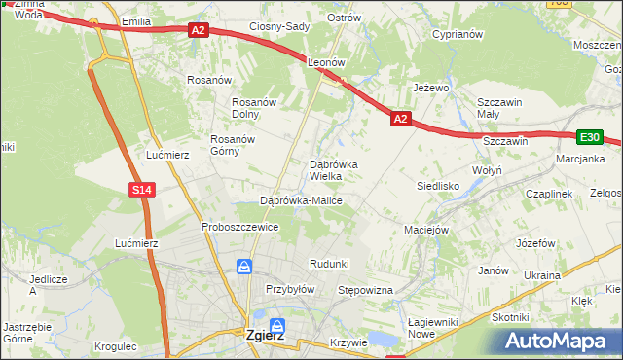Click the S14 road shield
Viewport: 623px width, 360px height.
pyautogui.click(x=142, y=189)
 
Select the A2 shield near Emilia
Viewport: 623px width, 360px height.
pyautogui.click(x=199, y=30)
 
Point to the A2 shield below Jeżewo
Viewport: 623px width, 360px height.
pyautogui.click(x=401, y=119)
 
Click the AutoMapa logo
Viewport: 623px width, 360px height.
pyautogui.click(x=558, y=342)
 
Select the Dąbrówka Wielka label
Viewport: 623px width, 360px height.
pyautogui.click(x=333, y=170)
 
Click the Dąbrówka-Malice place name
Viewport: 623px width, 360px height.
pyautogui.click(x=301, y=200)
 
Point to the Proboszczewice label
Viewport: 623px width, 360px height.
pyautogui.click(x=240, y=227)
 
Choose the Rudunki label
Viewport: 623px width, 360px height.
pyautogui.click(x=328, y=264)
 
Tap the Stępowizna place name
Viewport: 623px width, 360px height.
pyautogui.click(x=363, y=291)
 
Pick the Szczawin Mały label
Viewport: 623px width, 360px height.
pyautogui.click(x=500, y=108)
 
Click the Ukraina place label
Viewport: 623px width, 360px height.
pyautogui.click(x=542, y=275)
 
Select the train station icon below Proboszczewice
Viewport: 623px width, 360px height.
pyautogui.click(x=245, y=265)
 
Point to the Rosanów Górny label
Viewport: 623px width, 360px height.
pyautogui.click(x=233, y=144)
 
